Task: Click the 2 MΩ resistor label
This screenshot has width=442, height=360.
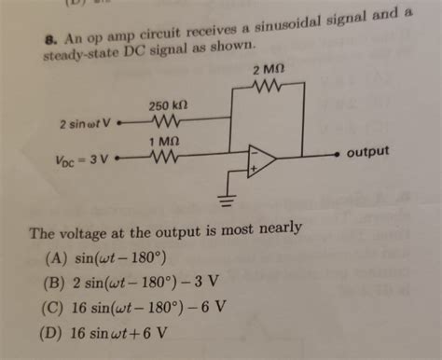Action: click(x=268, y=72)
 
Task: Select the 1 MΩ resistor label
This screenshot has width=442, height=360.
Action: click(x=164, y=141)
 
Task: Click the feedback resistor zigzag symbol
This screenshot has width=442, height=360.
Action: click(x=268, y=89)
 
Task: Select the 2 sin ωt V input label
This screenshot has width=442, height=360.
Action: click(x=85, y=122)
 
